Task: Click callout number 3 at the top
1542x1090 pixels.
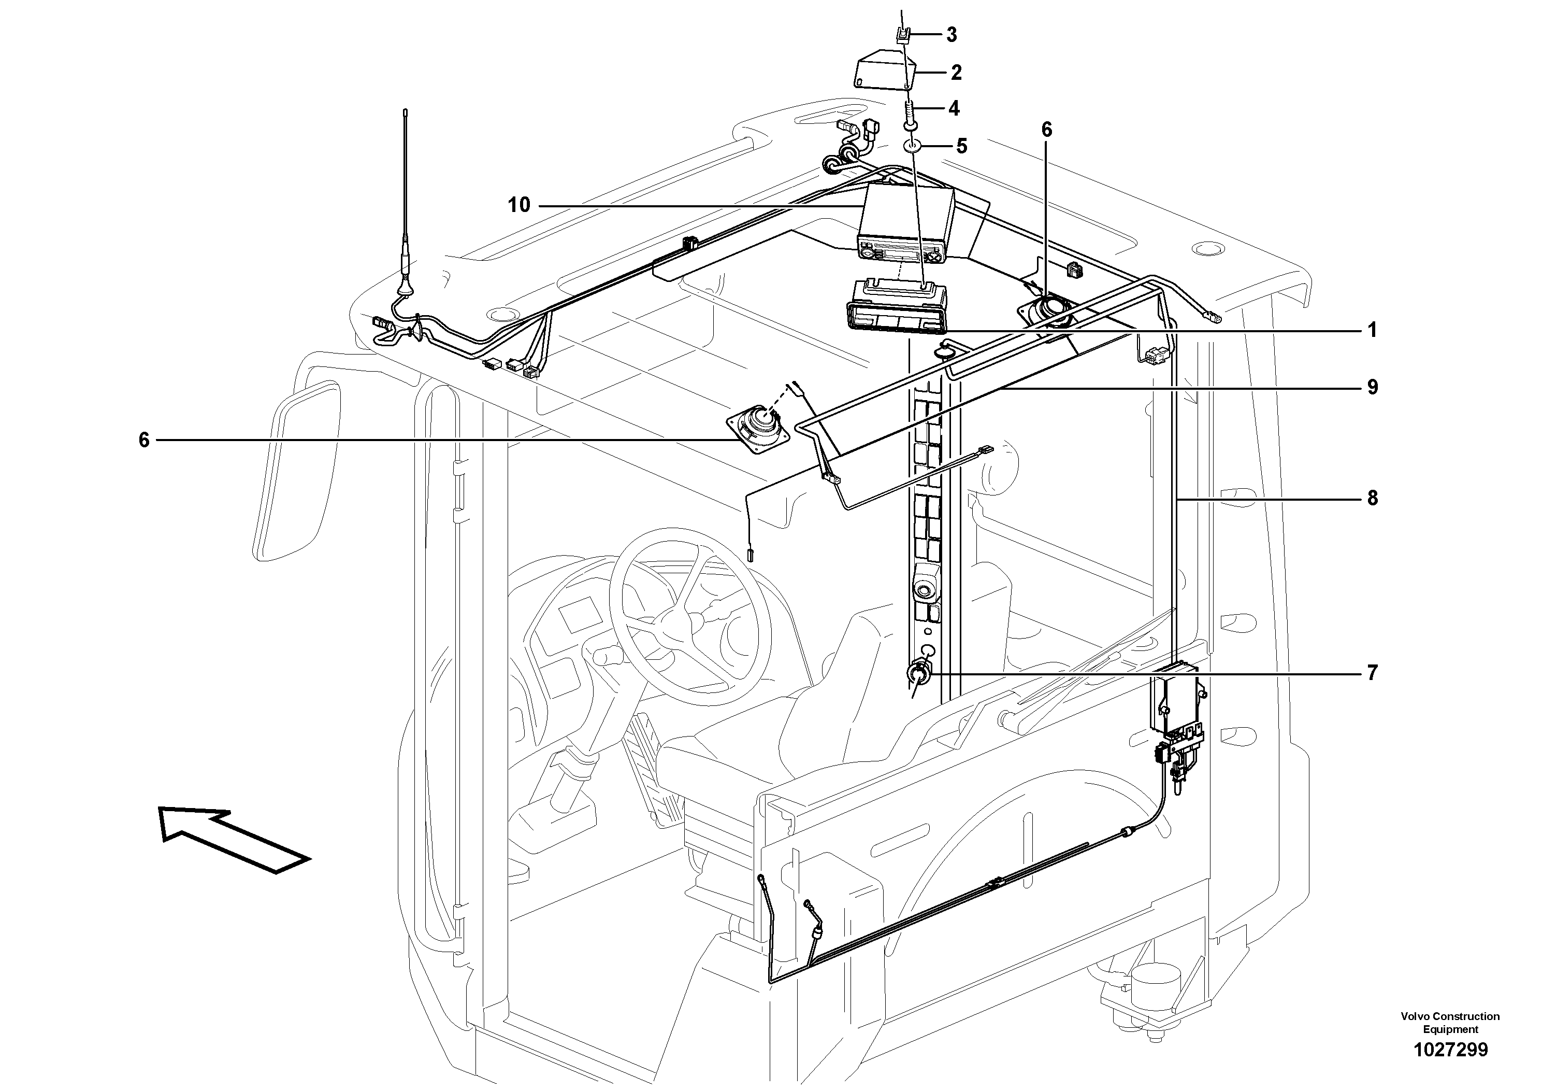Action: [x=951, y=35]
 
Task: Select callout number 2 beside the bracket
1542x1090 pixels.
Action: [x=956, y=73]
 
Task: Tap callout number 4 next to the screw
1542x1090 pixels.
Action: [x=954, y=108]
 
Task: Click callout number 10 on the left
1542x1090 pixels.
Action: [x=518, y=205]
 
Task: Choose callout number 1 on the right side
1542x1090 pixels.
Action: [x=1372, y=331]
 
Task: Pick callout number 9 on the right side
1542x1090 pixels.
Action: [x=1372, y=387]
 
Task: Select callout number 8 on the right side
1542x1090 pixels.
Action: [x=1372, y=498]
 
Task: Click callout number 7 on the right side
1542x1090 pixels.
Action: [x=1372, y=673]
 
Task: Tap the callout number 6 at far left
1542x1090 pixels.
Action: [x=143, y=440]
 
